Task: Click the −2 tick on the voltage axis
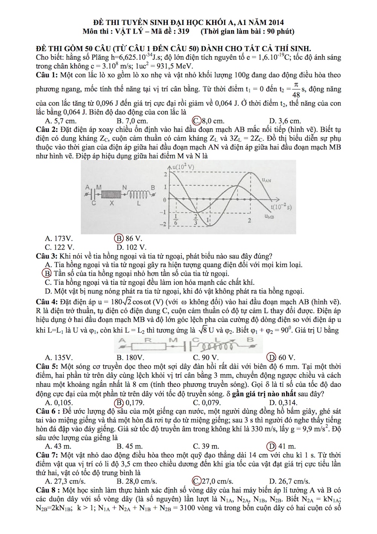pyautogui.click(x=163, y=224)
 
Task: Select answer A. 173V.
pyautogui.click(x=58, y=238)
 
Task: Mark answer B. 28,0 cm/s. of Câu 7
pyautogui.click(x=137, y=481)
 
